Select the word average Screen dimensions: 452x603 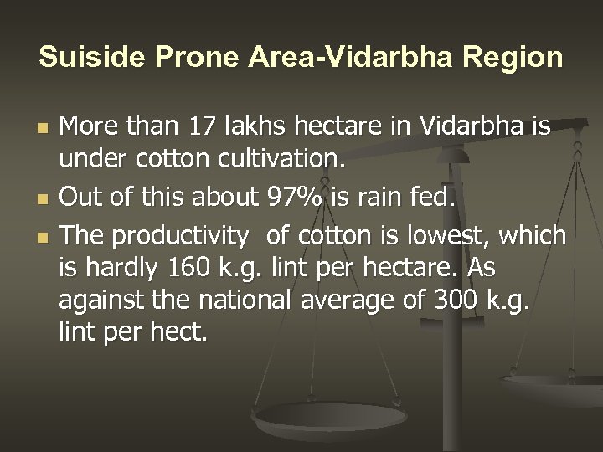362,301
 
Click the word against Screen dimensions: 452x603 97,301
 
